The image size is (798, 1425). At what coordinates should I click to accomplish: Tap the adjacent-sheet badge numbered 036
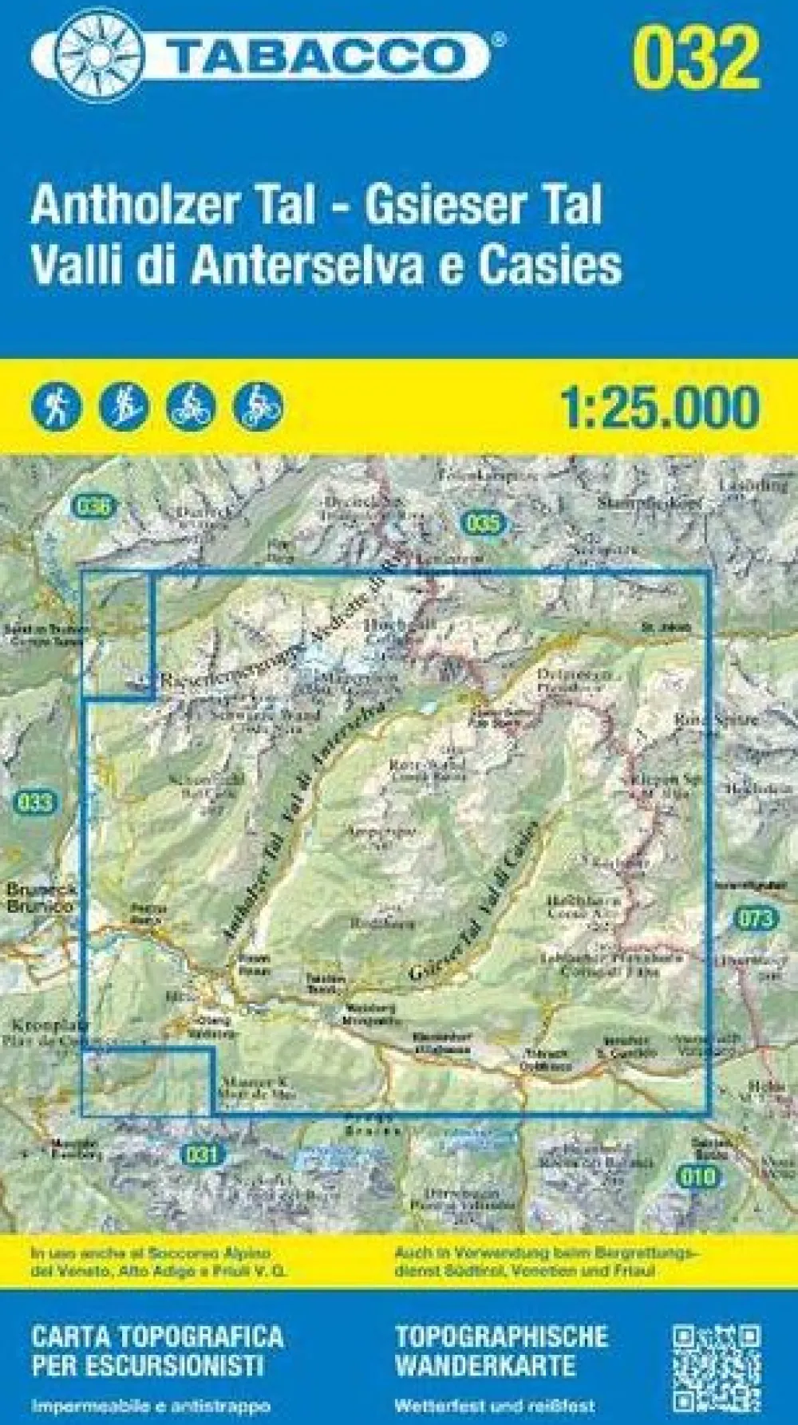(x=94, y=505)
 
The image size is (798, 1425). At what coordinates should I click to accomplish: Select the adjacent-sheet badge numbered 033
(x=34, y=803)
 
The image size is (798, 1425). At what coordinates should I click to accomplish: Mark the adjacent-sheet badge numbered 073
(x=754, y=918)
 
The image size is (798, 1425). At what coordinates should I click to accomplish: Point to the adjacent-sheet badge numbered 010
(x=697, y=1174)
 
